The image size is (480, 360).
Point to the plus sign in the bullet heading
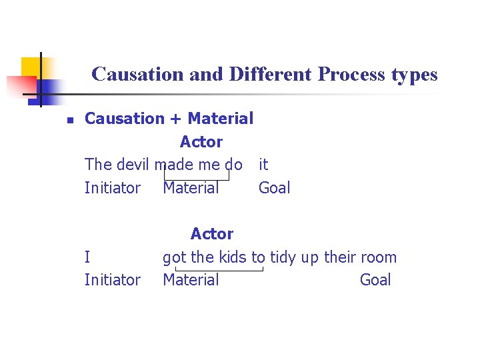[x=175, y=119]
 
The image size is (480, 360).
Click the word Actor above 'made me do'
[x=201, y=142]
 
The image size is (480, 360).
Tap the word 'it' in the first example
[x=263, y=165]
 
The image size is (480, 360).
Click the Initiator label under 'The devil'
[x=113, y=188]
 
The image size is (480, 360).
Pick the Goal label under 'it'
[x=274, y=188]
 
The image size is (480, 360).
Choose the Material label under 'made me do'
[x=191, y=188]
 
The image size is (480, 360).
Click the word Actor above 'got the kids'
[x=211, y=234]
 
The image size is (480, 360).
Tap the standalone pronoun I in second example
[x=87, y=257]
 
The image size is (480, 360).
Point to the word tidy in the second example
[x=283, y=257]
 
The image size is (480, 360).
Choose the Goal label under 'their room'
[x=375, y=280]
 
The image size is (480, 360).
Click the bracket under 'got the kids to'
[x=219, y=270]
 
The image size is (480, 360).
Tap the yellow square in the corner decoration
[x=31, y=67]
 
